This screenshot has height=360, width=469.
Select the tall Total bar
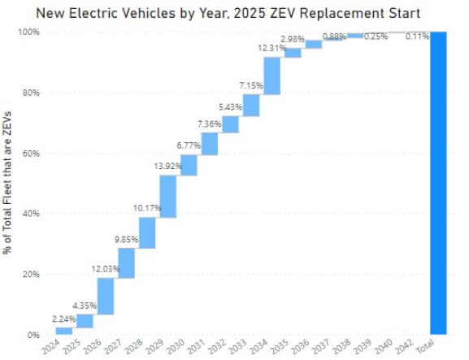[x=438, y=183]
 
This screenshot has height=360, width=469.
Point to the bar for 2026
[x=105, y=296]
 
